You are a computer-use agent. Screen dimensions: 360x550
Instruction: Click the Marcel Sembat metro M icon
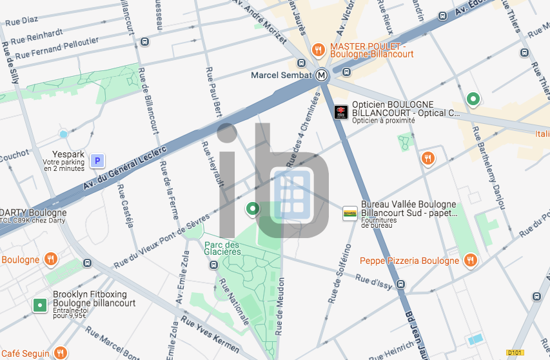pos(323,75)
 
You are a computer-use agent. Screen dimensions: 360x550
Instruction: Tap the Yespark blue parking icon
pos(97,160)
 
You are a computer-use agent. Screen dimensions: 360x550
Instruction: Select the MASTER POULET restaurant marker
pos(318,50)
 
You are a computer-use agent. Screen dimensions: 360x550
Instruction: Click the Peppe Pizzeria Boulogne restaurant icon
pos(471,260)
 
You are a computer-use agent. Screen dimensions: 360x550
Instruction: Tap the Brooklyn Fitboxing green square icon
pos(40,305)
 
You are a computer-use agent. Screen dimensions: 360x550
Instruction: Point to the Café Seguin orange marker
pos(60,352)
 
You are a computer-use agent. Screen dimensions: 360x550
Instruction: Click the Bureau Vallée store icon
pos(349,213)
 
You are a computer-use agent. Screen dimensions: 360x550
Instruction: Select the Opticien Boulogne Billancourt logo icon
pos(341,112)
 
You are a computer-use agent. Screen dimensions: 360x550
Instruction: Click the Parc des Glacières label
pos(222,248)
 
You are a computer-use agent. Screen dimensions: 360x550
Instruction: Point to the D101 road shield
pos(515,353)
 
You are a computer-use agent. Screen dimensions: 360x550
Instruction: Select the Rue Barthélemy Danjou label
pos(488,167)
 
